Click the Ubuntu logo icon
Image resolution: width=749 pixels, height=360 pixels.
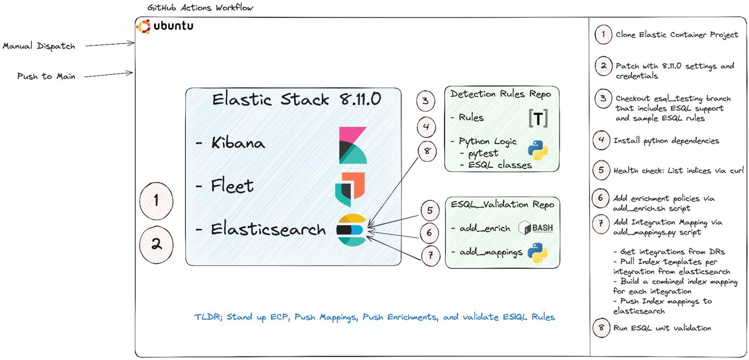pos(144,26)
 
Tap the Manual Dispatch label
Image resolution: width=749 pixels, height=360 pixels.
pos(39,46)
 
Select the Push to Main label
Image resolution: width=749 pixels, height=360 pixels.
pos(46,76)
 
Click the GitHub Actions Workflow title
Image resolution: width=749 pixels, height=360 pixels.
pos(200,8)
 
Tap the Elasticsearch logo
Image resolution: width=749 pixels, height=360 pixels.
pos(351,229)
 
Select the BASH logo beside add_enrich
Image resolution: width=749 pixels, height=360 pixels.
pos(536,228)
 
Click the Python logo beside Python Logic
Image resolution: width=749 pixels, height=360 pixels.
pos(538,149)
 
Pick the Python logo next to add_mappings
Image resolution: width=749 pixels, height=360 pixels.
pos(537,253)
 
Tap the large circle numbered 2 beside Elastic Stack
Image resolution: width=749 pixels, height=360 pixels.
pos(157,244)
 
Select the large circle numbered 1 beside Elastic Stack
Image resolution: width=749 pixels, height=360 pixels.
pos(157,200)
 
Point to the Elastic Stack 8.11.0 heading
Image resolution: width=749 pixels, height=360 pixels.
pos(296,99)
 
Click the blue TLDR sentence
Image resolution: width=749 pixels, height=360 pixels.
pos(374,317)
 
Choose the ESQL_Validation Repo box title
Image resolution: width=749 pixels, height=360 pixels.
pos(502,205)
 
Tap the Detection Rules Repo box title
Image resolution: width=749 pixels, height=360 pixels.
pos(501,94)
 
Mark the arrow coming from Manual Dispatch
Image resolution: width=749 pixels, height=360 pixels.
pos(109,45)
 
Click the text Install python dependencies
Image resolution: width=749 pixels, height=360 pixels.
pos(666,140)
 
